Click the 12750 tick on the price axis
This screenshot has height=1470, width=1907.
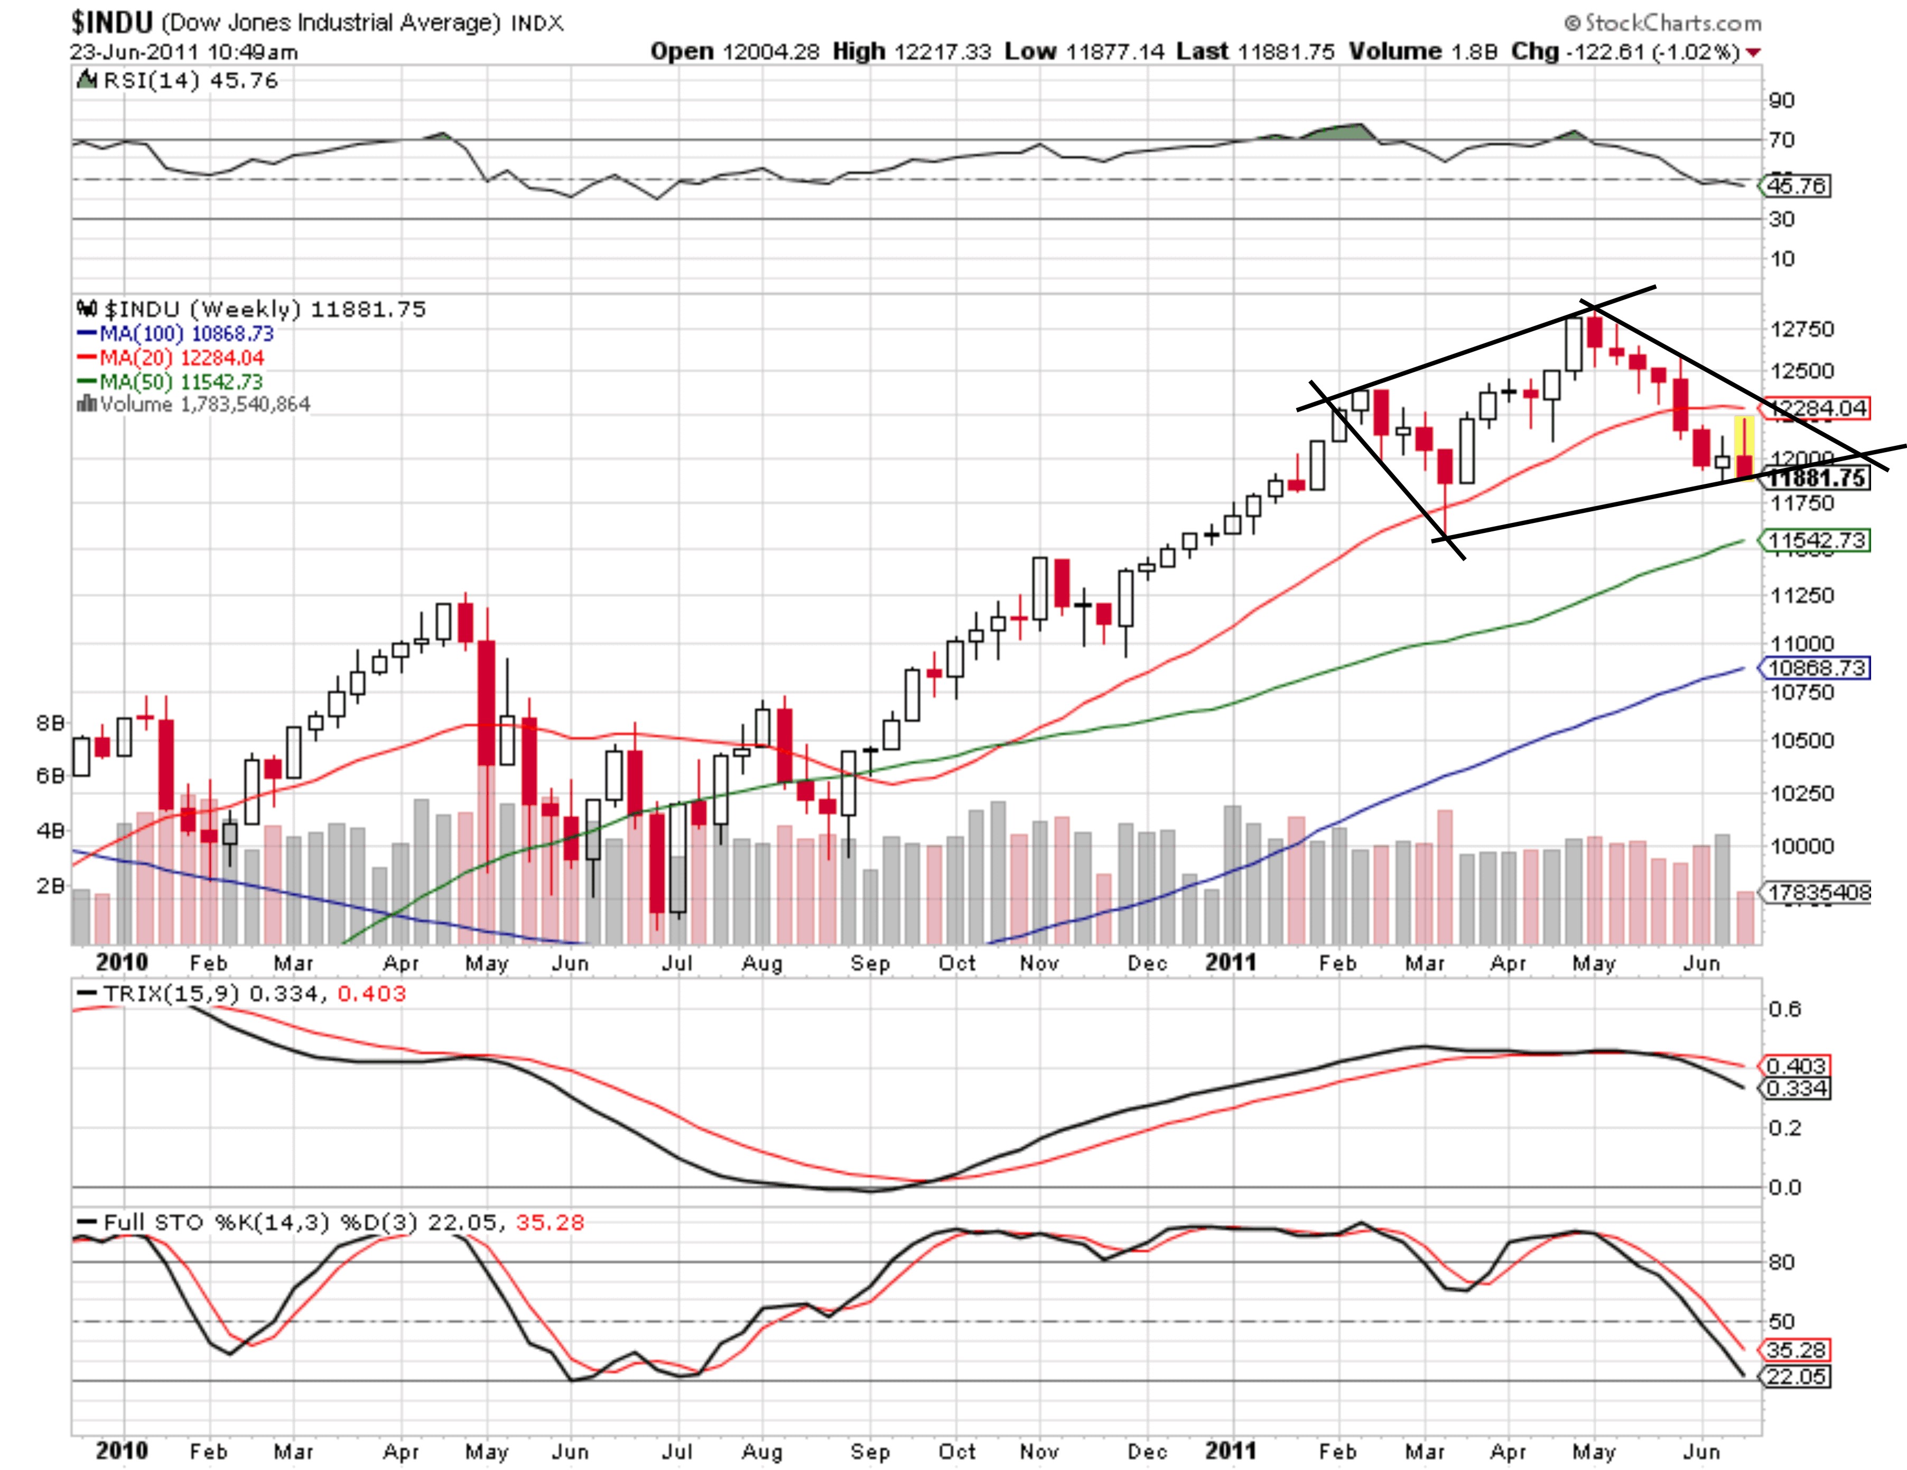[x=1801, y=329]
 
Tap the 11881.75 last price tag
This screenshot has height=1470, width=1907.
[x=1816, y=479]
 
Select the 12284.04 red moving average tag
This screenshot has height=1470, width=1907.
[x=1816, y=408]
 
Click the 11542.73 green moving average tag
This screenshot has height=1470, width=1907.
[x=1816, y=540]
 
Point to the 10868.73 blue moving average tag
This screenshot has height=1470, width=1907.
[x=1816, y=668]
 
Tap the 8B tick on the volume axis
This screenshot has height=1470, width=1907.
[x=51, y=723]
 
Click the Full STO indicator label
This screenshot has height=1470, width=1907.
[x=153, y=1222]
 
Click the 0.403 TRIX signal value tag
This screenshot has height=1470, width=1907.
[x=1795, y=1066]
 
